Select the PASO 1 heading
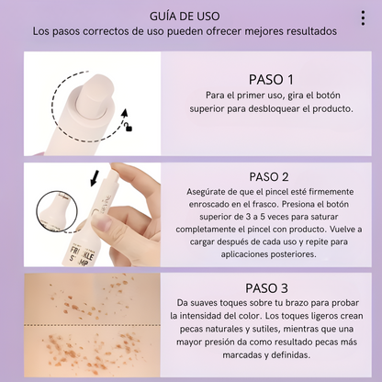click(265, 79)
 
